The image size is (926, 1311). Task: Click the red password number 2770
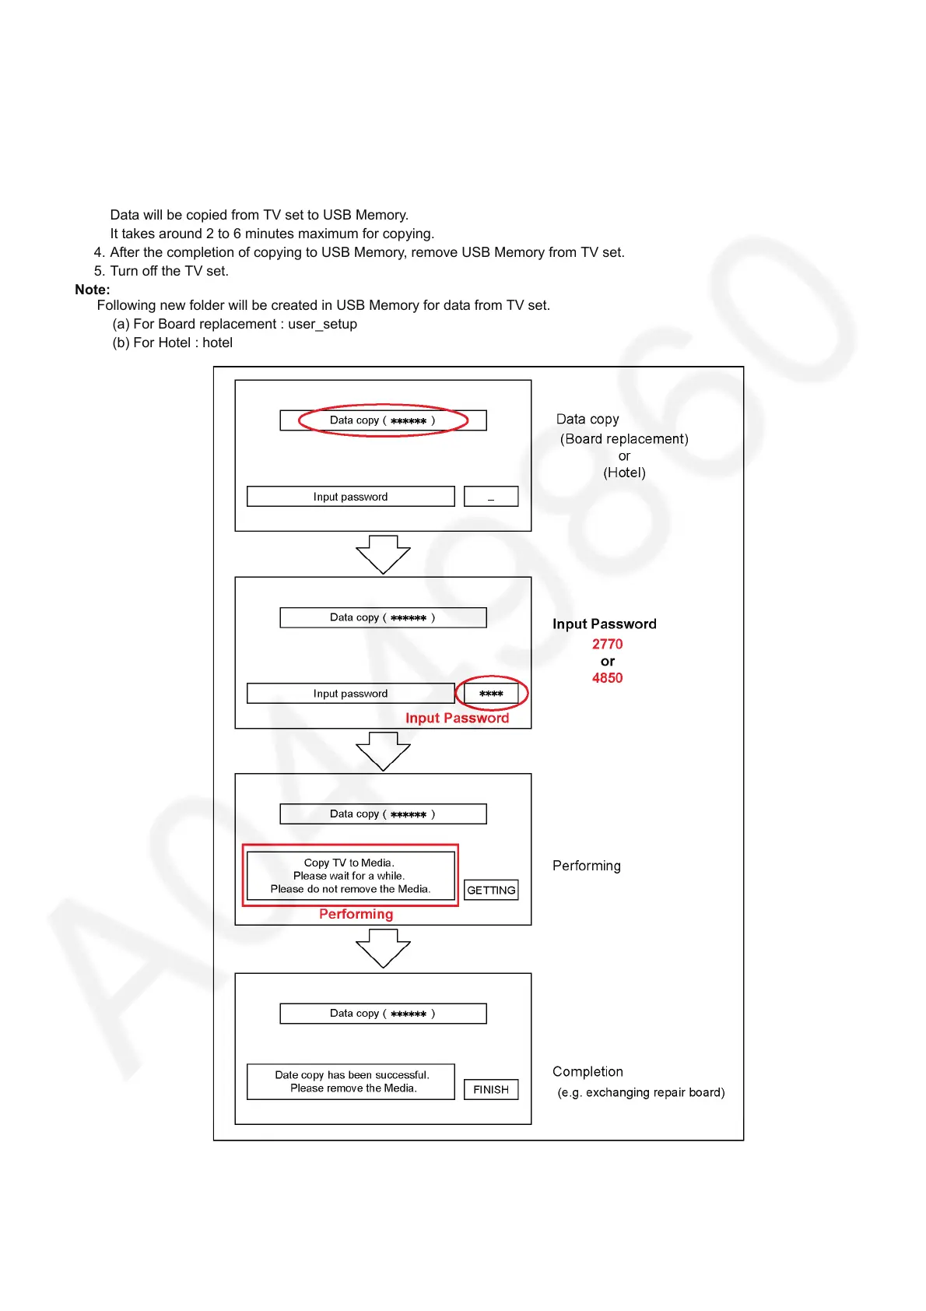(x=607, y=644)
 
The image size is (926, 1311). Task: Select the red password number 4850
(x=607, y=678)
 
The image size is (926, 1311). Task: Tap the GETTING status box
(x=491, y=890)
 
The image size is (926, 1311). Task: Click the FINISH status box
(x=491, y=1089)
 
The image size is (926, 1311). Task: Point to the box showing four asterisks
(x=491, y=693)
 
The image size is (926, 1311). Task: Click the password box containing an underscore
(x=491, y=497)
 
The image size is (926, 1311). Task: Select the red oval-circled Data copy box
(x=383, y=420)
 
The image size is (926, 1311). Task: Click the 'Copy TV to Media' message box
(x=350, y=876)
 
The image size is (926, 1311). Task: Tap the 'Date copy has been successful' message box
(x=351, y=1081)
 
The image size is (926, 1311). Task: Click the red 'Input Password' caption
(x=457, y=718)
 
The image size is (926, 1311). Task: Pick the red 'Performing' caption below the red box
(x=356, y=914)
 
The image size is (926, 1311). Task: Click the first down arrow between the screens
(x=383, y=554)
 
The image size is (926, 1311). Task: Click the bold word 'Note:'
(x=93, y=290)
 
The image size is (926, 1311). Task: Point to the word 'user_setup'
(x=322, y=324)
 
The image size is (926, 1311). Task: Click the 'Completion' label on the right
(x=588, y=1071)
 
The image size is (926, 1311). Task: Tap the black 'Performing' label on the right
(x=587, y=866)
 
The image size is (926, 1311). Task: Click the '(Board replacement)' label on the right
(x=624, y=439)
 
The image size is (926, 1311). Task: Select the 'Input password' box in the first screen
(x=350, y=497)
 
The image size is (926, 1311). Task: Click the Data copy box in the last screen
(x=383, y=1014)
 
